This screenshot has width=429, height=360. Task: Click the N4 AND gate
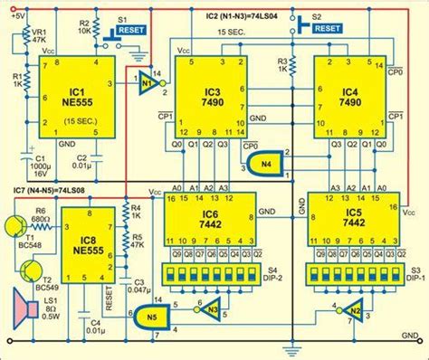[x=256, y=163]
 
